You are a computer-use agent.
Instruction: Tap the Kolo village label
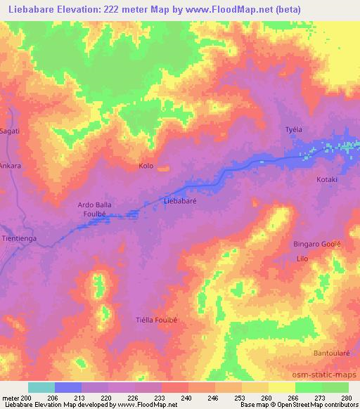coord(146,167)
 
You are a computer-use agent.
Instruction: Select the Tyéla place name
coord(292,130)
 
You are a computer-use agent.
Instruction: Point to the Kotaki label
coord(327,180)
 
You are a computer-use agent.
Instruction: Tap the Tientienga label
coord(21,238)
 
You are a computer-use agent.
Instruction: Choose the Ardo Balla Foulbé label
coord(94,209)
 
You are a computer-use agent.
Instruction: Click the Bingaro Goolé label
coord(316,244)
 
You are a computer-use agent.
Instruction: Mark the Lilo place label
coord(302,259)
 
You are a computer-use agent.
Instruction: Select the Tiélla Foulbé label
coord(156,320)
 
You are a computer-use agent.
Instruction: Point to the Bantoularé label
coord(330,352)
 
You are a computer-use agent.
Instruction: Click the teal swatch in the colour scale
coord(41,387)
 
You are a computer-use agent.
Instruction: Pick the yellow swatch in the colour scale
coord(282,387)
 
